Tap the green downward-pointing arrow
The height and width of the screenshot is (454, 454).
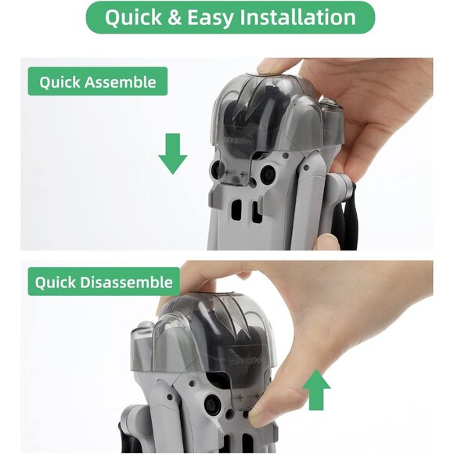point(172,153)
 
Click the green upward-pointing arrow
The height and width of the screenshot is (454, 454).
point(315,390)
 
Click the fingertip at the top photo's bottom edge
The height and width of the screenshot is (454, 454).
point(325,242)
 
